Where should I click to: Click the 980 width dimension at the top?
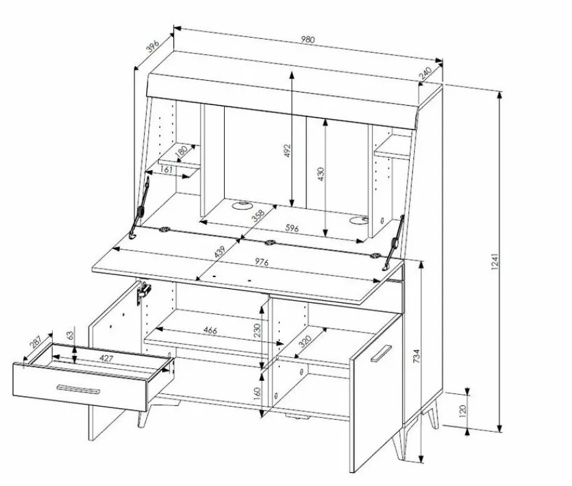tap(308, 39)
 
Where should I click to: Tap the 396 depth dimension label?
tap(153, 46)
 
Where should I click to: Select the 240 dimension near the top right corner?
tap(425, 73)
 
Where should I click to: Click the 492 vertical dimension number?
tap(287, 150)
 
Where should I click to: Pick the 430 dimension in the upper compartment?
tap(321, 174)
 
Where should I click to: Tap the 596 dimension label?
tap(292, 228)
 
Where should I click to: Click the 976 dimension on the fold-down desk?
tap(262, 262)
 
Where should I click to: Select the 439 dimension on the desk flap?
tap(220, 252)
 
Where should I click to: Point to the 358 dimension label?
tap(258, 216)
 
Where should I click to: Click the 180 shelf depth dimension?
tap(181, 151)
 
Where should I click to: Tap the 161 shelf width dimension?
tap(166, 169)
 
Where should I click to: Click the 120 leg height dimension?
tap(463, 411)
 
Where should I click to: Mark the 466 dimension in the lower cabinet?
tap(210, 330)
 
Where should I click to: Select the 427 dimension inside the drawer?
tap(106, 358)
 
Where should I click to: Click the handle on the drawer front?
tap(78, 389)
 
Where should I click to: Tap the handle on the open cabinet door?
tap(381, 353)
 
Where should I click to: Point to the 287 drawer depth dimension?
tap(36, 343)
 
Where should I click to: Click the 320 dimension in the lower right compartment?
tap(305, 341)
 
